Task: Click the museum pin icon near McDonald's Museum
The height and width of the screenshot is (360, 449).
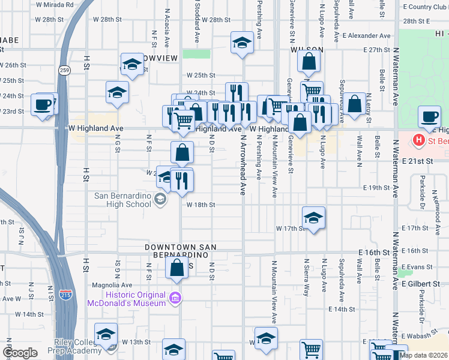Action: coord(175,298)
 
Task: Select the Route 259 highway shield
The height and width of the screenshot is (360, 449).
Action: coord(64,70)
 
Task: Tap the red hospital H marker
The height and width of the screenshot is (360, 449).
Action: coord(419,142)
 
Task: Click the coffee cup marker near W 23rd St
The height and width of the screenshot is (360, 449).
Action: coord(43,104)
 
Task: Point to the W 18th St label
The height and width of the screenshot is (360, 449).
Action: coord(200,205)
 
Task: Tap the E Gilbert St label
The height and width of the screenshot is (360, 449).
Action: coord(422,283)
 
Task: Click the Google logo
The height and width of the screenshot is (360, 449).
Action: coord(20,353)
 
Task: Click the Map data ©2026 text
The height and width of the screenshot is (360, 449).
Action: coord(423,355)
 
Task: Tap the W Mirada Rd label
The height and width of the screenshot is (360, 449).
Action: coord(55,4)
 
